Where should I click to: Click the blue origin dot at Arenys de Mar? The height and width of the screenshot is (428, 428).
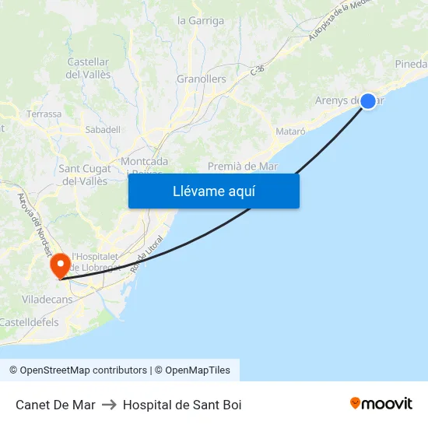coord(367,100)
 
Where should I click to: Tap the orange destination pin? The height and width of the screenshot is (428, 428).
coord(60,266)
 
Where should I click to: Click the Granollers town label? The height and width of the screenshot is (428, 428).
coord(201,79)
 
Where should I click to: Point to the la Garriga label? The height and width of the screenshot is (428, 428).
coord(201,21)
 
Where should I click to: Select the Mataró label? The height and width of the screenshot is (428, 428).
coord(290,132)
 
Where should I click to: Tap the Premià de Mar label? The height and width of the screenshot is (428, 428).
coord(243,166)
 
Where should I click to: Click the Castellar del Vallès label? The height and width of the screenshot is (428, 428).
coord(89,68)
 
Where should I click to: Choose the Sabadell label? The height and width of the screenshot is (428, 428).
coord(103,129)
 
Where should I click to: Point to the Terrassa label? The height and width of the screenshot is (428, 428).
coord(44,114)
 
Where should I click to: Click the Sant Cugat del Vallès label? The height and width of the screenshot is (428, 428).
coord(84,175)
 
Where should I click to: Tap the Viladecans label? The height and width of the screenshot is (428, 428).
coord(47,299)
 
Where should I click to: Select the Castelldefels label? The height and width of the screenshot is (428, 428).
coord(29,322)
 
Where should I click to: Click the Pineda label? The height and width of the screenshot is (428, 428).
coord(411,64)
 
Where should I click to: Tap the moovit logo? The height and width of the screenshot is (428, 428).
coord(381,404)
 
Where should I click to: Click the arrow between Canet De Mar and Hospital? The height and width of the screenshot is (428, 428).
coord(109,405)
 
